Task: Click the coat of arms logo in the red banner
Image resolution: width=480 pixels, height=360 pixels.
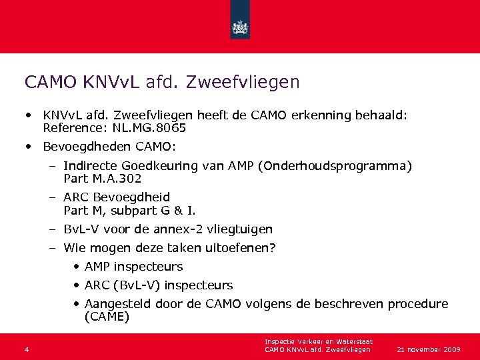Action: pyautogui.click(x=239, y=27)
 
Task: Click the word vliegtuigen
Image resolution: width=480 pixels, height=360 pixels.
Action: pyautogui.click(x=241, y=229)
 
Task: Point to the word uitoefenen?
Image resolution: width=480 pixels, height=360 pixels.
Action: pyautogui.click(x=241, y=248)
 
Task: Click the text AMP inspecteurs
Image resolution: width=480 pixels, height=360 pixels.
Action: pyautogui.click(x=133, y=267)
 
